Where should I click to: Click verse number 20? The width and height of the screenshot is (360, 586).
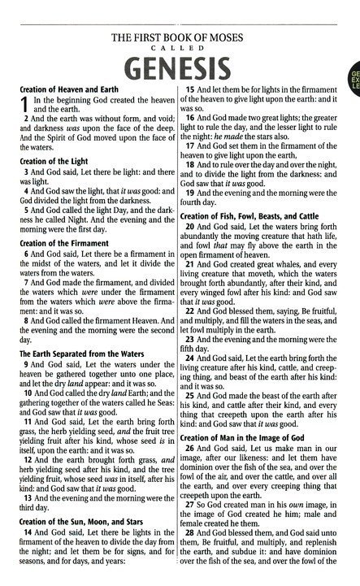click(x=194, y=227)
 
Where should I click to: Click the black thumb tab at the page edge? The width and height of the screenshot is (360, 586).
click(x=354, y=80)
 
